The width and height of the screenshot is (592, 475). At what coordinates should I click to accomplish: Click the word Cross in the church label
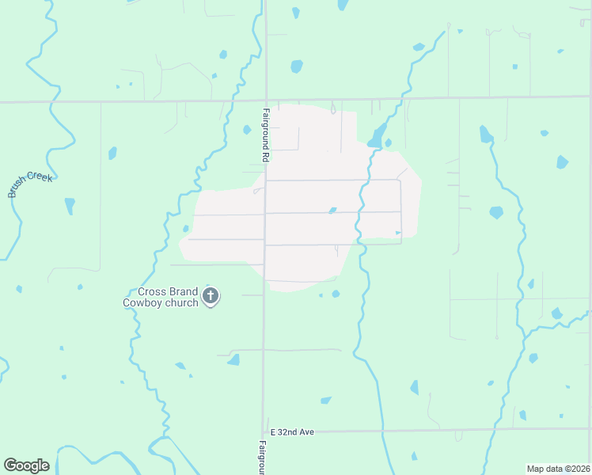151,291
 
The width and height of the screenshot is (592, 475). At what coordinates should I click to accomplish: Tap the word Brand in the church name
182,291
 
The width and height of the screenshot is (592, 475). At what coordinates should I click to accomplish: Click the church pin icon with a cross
211,297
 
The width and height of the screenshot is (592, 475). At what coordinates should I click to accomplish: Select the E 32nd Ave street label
292,432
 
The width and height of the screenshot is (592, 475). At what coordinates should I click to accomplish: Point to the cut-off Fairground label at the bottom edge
262,458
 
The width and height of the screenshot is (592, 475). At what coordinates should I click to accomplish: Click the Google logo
26,465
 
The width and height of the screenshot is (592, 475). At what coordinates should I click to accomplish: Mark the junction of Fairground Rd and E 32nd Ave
264,432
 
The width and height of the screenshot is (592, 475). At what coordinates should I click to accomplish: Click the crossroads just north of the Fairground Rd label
265,101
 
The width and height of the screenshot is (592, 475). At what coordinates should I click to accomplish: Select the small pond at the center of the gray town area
332,211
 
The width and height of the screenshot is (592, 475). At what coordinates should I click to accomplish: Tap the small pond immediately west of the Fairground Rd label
247,130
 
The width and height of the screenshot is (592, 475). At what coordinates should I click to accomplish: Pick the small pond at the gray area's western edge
186,229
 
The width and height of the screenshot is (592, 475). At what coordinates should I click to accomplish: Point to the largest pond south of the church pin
233,360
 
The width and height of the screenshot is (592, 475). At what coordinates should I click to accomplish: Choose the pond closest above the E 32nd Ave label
325,401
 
